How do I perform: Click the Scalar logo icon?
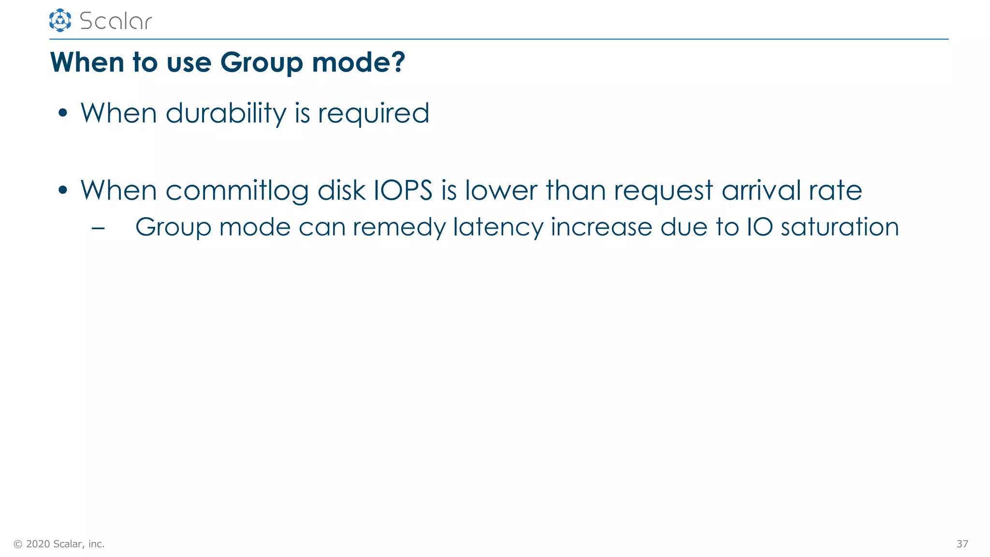[60, 20]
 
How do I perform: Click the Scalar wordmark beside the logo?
[116, 21]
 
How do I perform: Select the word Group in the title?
[261, 63]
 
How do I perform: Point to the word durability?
[226, 114]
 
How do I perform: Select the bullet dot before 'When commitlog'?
[62, 190]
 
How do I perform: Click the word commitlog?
[237, 191]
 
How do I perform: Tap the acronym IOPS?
[403, 190]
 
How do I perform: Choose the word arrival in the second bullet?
[761, 190]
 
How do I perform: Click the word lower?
[501, 190]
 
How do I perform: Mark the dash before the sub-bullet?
[98, 228]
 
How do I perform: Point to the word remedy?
[399, 228]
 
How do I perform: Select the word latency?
[497, 228]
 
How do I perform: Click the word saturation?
[840, 227]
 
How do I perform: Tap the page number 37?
[962, 544]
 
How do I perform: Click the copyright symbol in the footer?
[18, 544]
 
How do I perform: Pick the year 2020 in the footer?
[38, 544]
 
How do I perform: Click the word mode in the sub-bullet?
[255, 227]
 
